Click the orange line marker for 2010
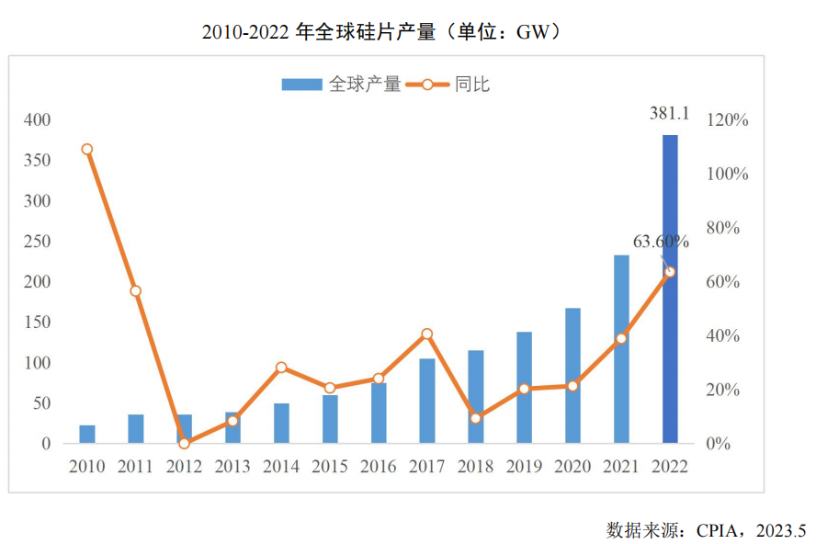tap(87, 149)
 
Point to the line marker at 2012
tap(184, 443)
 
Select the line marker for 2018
tap(475, 418)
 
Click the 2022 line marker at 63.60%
tap(670, 272)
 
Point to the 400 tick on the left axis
tap(38, 120)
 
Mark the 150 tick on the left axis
tap(38, 323)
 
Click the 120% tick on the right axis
tap(728, 120)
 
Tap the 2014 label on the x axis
tap(281, 467)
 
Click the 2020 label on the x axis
tap(572, 467)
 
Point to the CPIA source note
tap(706, 530)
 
